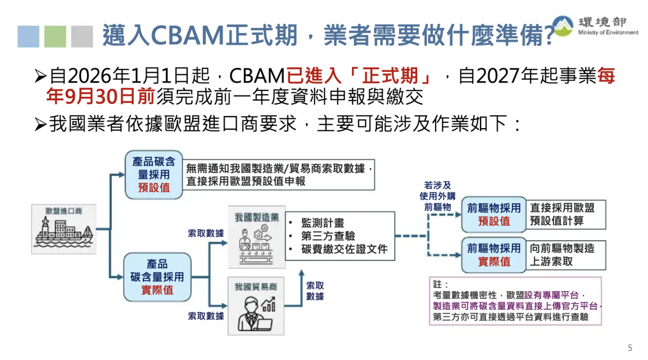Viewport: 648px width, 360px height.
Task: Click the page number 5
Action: pyautogui.click(x=630, y=347)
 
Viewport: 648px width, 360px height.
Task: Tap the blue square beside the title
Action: pyautogui.click(x=28, y=36)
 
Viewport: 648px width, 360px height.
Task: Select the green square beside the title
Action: pyautogui.click(x=55, y=36)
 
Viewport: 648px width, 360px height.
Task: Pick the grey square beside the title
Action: pyautogui.click(x=82, y=36)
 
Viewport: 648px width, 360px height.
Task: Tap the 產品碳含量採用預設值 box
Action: pyautogui.click(x=154, y=175)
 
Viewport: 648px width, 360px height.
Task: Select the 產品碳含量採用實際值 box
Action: pyautogui.click(x=157, y=277)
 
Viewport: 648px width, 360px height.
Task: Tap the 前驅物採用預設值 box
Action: pyautogui.click(x=494, y=215)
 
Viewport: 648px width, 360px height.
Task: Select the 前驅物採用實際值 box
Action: pyautogui.click(x=494, y=255)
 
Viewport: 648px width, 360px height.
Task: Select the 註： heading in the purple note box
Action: pyautogui.click(x=440, y=285)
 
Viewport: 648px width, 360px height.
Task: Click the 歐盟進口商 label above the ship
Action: pyautogui.click(x=64, y=211)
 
